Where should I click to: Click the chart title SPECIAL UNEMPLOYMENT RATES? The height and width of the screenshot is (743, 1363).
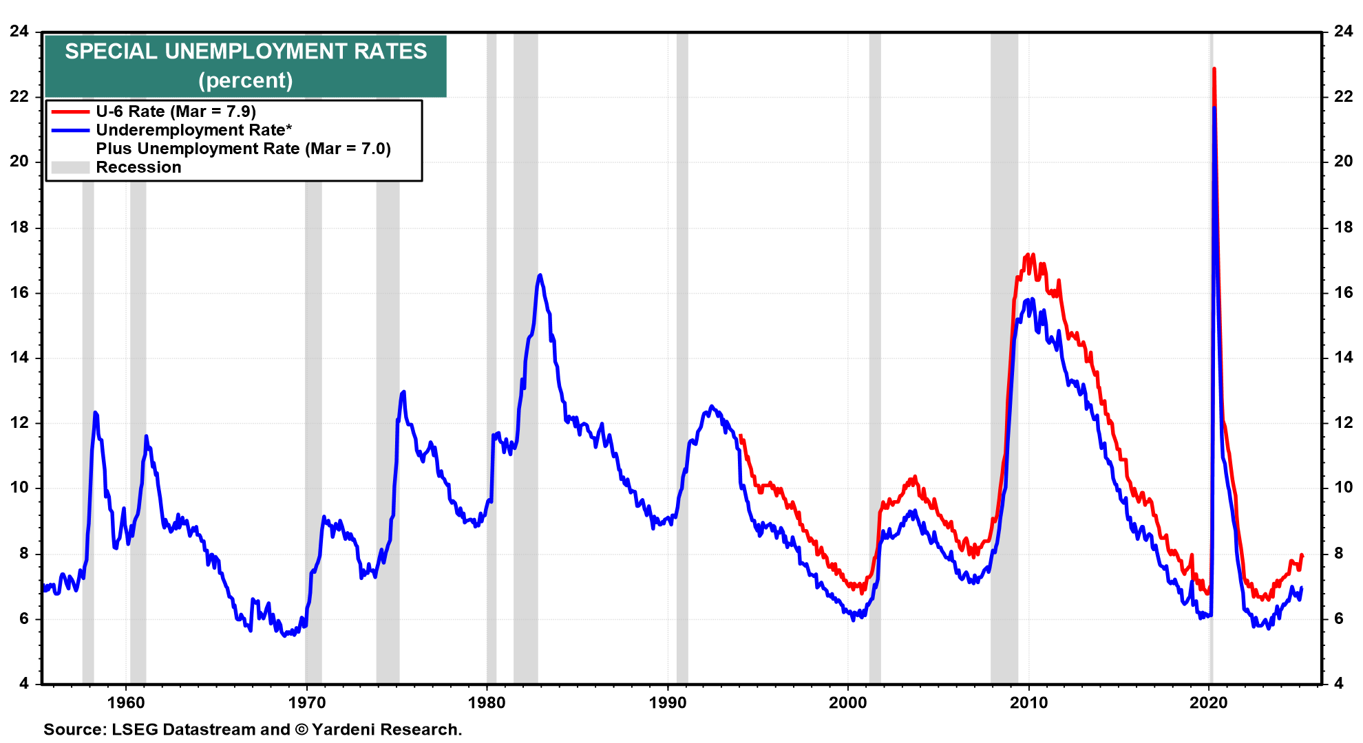tap(246, 52)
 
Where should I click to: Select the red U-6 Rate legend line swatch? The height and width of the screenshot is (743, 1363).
tap(70, 111)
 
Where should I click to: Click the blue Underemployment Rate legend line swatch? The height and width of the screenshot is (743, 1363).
tap(70, 130)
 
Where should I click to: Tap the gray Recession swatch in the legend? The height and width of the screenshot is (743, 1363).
tap(70, 167)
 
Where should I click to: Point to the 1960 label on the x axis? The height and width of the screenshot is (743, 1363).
tap(127, 702)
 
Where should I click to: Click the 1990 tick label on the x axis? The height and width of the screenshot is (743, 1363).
tap(668, 702)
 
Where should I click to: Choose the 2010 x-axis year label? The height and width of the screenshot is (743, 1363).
tap(1028, 702)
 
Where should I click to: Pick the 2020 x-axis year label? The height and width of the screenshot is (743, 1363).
tap(1209, 702)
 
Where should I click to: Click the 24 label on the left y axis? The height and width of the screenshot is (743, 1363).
tap(19, 31)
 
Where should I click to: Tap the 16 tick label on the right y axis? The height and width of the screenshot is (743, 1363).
tap(1343, 292)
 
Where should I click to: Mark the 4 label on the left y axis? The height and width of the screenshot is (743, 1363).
tap(24, 683)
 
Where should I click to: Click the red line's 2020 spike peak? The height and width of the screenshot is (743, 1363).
tap(1214, 69)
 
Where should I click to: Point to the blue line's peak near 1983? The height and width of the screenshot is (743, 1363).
tap(540, 275)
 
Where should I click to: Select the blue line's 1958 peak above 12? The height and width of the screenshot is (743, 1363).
tap(95, 412)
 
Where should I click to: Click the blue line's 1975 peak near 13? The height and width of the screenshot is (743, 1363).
tap(403, 391)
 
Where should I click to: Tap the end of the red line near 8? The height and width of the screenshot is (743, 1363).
tap(1302, 555)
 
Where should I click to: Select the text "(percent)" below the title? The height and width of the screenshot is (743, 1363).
tap(246, 80)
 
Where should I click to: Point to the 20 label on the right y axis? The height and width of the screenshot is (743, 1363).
tap(1343, 161)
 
